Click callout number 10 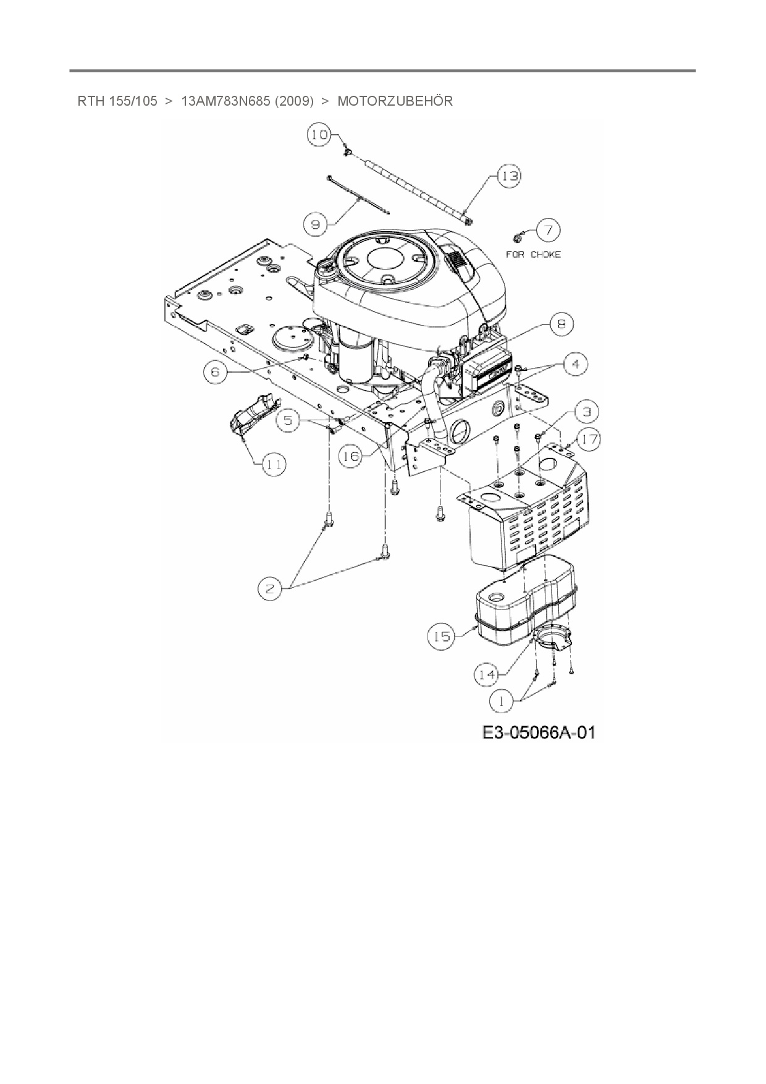pos(319,135)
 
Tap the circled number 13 pos(510,176)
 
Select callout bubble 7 pos(548,230)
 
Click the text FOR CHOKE pos(533,254)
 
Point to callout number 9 pos(316,224)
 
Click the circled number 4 pos(576,364)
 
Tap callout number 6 pos(215,372)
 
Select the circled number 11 pos(274,464)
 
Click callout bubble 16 pos(350,456)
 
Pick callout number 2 pos(270,589)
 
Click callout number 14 pos(487,675)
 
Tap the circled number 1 pos(502,701)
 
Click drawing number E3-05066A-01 pos(539,733)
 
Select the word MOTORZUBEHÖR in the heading pos(395,101)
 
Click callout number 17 pos(589,439)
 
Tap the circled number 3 pos(586,411)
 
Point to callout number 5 pos(288,421)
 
